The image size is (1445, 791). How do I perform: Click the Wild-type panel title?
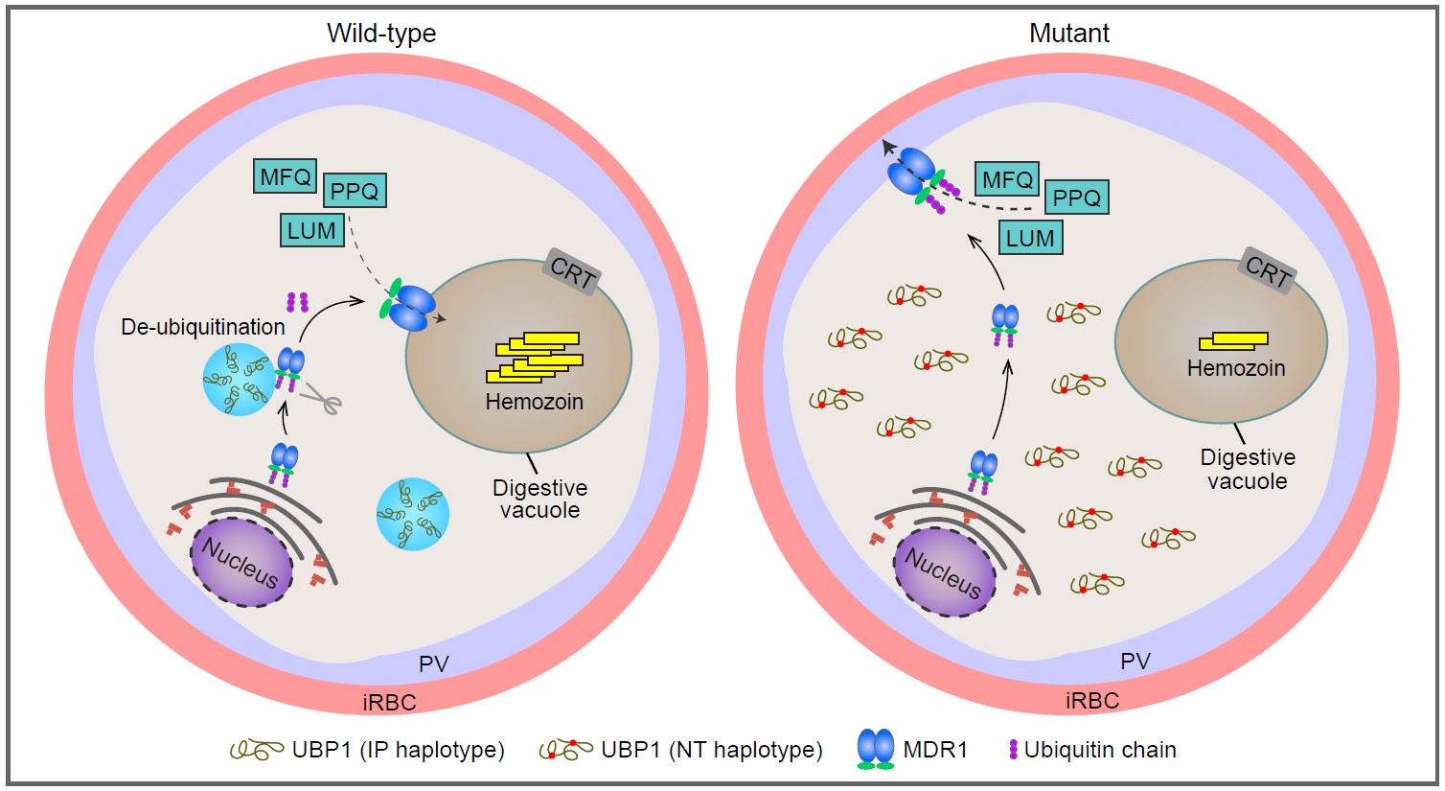point(381,34)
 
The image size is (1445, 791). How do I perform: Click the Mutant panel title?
point(1069,34)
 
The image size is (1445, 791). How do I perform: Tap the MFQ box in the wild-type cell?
point(286,177)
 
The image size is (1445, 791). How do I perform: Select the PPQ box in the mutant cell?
point(1076,198)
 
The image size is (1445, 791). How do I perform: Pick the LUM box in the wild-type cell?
point(311,230)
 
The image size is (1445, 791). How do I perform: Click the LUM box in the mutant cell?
point(1030,238)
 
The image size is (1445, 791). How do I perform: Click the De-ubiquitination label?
point(203,327)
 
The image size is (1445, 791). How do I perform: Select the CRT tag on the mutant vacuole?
point(1267,272)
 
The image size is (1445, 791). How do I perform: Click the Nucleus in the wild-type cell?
point(241,563)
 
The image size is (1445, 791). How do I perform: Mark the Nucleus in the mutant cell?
point(944,572)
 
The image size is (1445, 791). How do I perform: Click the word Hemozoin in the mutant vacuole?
point(1236,368)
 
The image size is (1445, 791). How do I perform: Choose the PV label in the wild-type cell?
point(434,663)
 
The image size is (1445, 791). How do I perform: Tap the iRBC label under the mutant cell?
point(1091,701)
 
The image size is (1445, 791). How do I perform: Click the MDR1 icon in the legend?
point(875,750)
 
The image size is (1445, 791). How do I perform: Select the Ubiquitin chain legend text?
point(1100,750)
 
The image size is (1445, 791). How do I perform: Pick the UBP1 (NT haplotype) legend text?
point(711,750)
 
